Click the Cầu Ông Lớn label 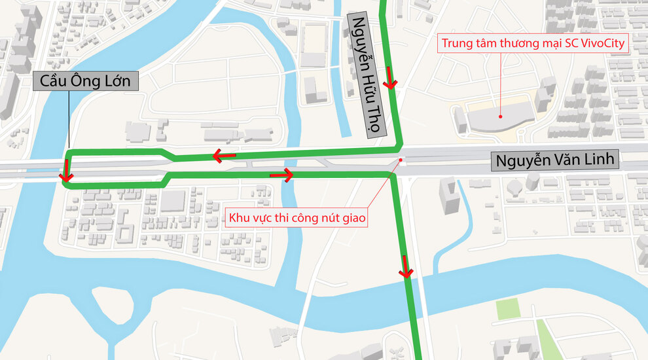(86, 82)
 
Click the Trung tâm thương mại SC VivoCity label (533, 45)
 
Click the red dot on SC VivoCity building (500, 117)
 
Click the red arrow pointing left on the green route (224, 156)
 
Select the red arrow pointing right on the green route (281, 175)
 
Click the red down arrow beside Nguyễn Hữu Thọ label (391, 78)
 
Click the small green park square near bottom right (507, 309)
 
